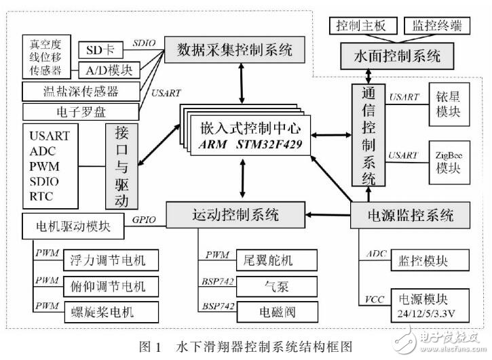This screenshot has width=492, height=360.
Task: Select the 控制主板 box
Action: [362, 26]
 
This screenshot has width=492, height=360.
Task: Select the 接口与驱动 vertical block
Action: [121, 166]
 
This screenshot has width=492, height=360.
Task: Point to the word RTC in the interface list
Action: [41, 197]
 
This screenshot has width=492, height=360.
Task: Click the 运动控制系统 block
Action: [232, 215]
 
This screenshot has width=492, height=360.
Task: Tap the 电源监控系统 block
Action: [411, 216]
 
